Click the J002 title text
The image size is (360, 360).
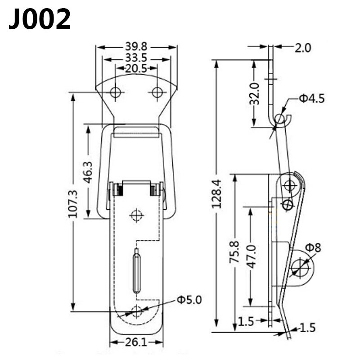tap(40, 19)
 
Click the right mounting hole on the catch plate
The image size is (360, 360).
tap(157, 93)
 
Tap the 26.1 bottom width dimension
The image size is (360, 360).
tap(136, 342)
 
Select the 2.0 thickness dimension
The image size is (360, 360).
tap(303, 47)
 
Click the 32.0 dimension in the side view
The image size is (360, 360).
tap(255, 94)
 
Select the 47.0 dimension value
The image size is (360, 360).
tap(251, 256)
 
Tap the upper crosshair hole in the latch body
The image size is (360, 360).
tap(136, 216)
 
